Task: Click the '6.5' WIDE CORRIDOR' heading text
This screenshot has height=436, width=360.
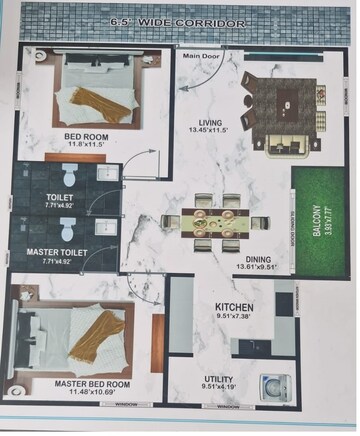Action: tap(180, 19)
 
